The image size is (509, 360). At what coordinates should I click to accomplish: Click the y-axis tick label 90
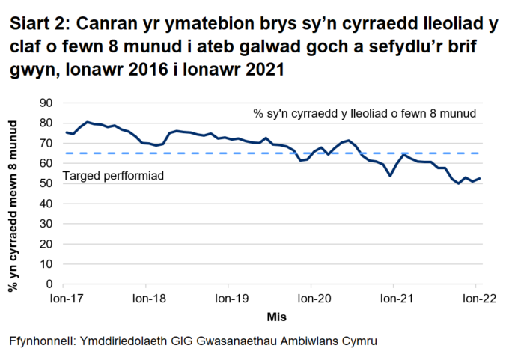point(46,103)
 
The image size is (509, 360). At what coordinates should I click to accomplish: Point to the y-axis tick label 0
point(49,284)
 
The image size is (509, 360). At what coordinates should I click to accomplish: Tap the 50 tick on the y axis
point(46,183)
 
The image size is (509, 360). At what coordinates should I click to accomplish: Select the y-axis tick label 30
point(46,224)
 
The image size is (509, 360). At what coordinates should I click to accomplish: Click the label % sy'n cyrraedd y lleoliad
point(365,114)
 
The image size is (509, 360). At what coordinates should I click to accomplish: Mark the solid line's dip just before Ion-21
point(391,176)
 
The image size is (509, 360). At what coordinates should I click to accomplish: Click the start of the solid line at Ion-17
point(66,132)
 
